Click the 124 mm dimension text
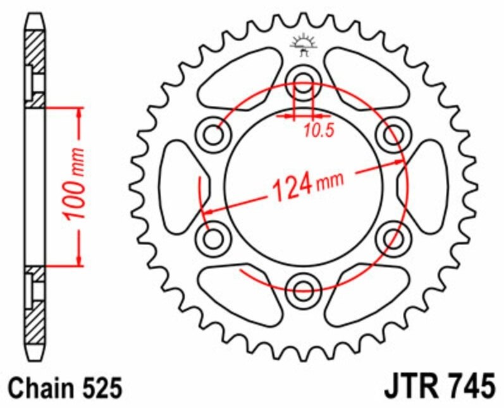tap(307, 184)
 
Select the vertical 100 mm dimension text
tap(75, 186)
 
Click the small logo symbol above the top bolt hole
tap(303, 44)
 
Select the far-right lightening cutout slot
tap(424, 186)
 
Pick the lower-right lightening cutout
tap(365, 293)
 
